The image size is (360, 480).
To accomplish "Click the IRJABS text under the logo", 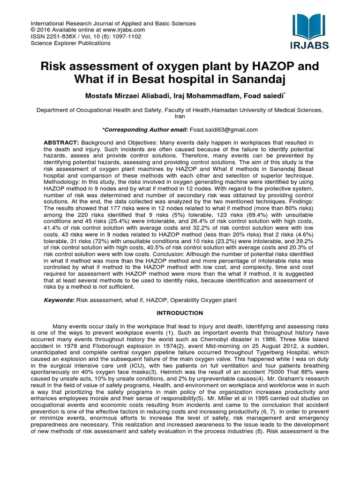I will click(x=310, y=45).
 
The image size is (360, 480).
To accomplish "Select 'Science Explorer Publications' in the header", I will click(x=70, y=43).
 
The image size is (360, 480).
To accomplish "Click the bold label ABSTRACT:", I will click(x=62, y=142).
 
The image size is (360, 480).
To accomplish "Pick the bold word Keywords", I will click(x=58, y=300).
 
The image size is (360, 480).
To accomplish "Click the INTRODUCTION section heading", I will click(x=180, y=313).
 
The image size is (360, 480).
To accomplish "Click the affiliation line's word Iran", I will click(x=180, y=116).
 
